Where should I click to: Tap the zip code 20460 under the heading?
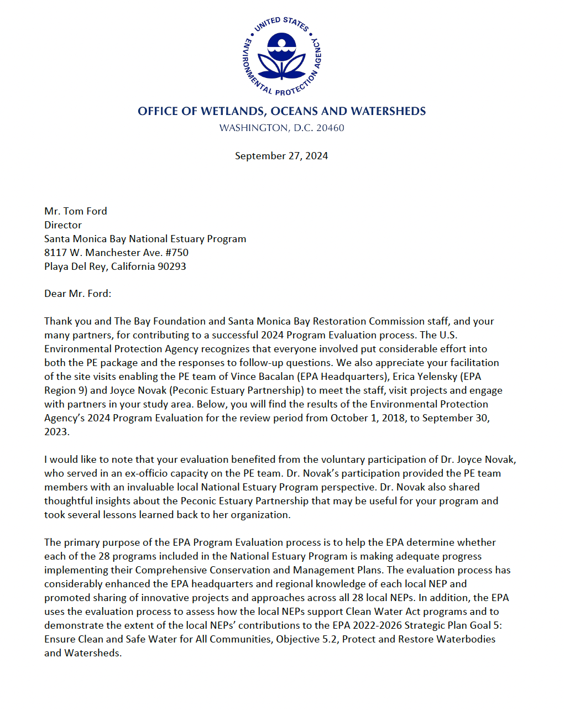tap(330, 128)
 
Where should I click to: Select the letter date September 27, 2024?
tap(281, 156)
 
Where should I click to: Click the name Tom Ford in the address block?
tap(85, 211)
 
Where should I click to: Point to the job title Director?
tap(63, 225)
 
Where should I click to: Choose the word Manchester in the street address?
tap(114, 253)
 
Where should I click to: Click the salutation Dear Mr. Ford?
tap(77, 294)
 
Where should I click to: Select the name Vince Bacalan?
tap(264, 377)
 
